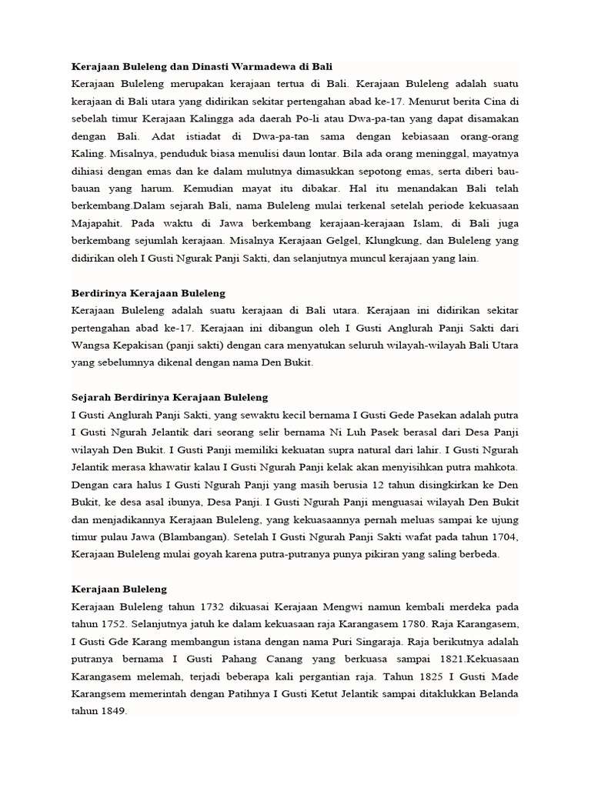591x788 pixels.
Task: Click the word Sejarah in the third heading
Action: click(92, 397)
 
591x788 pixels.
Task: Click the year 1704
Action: click(501, 536)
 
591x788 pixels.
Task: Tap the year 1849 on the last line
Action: click(112, 711)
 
